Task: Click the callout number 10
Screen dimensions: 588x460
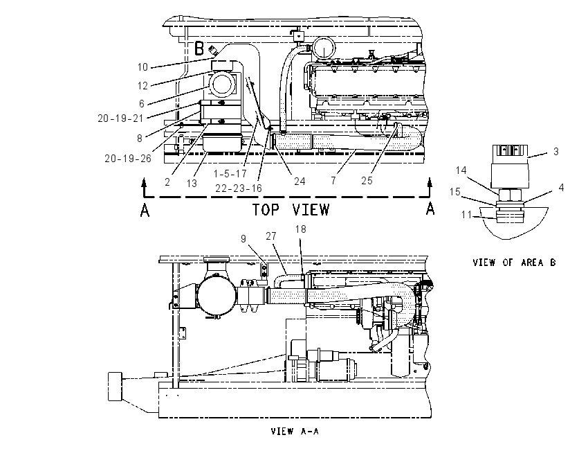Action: tap(143, 67)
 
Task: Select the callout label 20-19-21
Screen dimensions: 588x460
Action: tap(121, 118)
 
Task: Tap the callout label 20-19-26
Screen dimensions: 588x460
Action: tap(128, 159)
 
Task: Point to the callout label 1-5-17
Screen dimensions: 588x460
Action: tap(230, 173)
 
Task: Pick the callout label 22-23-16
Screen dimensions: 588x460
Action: tap(239, 188)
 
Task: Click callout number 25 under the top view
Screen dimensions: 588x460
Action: tap(367, 181)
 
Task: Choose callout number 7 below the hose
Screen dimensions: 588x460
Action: tap(333, 181)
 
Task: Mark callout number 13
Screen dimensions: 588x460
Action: tap(192, 184)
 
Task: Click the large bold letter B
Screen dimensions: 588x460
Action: tap(199, 48)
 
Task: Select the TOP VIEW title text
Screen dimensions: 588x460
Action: tap(291, 209)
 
